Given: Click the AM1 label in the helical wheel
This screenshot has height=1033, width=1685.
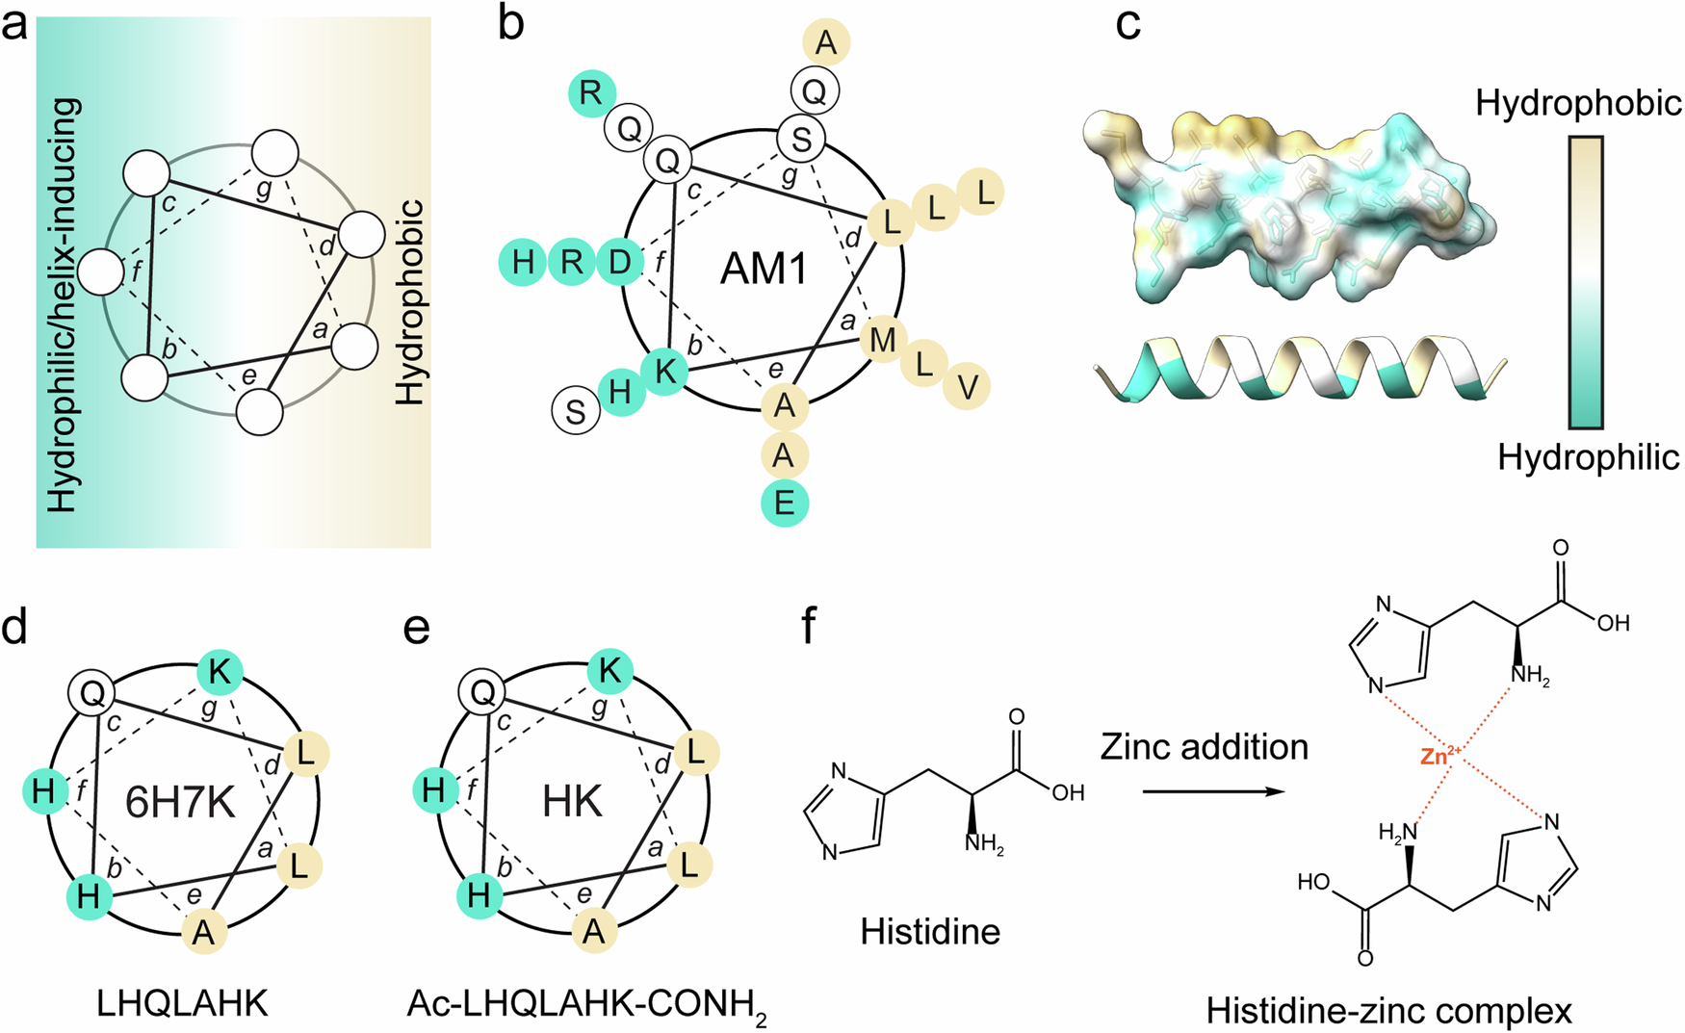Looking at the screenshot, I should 765,269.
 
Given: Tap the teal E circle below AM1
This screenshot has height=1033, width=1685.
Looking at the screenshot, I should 785,504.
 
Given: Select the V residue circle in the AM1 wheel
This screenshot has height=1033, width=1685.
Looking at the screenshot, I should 967,387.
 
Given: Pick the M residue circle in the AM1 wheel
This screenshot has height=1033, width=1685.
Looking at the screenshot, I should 883,339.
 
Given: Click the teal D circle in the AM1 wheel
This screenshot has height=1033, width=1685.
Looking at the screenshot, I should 620,262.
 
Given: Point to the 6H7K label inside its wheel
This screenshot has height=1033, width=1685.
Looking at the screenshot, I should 180,802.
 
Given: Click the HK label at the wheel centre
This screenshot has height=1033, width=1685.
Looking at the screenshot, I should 572,802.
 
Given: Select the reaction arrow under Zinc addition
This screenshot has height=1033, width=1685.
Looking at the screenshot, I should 1214,791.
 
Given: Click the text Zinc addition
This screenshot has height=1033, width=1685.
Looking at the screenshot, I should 1204,747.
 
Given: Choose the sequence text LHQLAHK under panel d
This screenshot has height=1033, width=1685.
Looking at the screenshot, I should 182,1004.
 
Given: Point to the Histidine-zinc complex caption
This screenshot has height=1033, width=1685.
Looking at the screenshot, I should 1388,1011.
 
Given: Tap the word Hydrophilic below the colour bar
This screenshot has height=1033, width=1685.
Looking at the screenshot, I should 1588,458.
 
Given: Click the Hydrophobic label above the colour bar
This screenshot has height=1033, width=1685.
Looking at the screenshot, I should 1579,103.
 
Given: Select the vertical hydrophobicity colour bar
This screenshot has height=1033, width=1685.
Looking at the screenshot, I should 1586,281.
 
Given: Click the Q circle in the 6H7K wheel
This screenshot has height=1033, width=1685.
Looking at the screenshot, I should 92,692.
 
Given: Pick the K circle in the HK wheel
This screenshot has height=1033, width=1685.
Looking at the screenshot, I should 609,671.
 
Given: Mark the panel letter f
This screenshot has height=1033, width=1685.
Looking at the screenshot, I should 810,627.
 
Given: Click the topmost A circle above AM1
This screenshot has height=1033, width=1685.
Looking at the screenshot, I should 826,42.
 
